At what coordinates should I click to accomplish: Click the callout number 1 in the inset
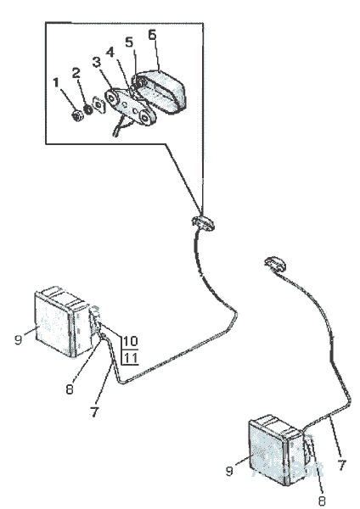coord(56,83)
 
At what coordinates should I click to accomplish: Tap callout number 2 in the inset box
coord(76,73)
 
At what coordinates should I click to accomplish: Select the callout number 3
coord(97,62)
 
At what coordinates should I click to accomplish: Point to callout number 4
coord(110,52)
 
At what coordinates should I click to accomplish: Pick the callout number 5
coord(129,42)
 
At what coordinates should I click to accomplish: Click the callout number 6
coord(152,35)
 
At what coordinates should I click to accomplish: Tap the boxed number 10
coord(130,341)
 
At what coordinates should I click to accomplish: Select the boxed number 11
coord(130,358)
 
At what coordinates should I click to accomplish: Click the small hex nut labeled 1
coord(77,116)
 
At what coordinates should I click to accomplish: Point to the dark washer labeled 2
coord(87,109)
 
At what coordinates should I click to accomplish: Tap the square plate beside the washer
coord(98,104)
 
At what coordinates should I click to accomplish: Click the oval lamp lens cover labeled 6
coord(159,92)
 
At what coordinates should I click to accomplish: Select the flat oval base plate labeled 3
coord(130,107)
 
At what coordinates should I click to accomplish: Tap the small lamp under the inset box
coord(203,222)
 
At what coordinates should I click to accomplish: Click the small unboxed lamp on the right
coord(276,264)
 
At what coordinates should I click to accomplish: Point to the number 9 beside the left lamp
coord(18,340)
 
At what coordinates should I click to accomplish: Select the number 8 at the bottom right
coord(323,501)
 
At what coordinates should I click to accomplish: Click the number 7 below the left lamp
coord(94,411)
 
